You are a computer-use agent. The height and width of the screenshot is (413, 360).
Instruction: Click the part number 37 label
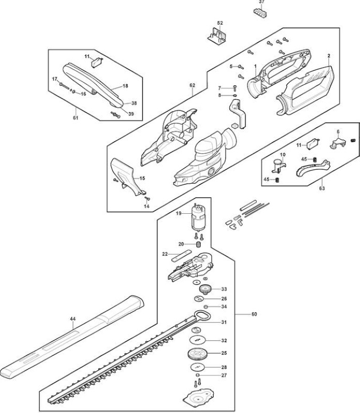(261, 2)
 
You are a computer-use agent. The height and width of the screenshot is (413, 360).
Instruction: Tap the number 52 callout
(220, 23)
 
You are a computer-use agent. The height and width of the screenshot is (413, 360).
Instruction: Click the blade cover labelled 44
(72, 337)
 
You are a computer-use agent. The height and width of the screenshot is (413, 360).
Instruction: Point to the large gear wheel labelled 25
(197, 354)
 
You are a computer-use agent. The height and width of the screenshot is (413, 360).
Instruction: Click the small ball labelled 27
(197, 375)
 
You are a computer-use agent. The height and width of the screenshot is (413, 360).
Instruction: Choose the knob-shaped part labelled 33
(205, 290)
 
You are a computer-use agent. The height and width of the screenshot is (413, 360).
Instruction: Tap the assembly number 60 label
(254, 314)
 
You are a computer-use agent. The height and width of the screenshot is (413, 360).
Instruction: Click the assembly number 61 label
(75, 118)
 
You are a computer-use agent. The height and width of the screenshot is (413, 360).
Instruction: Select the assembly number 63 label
(322, 188)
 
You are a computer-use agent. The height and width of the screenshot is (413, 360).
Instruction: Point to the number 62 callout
(192, 85)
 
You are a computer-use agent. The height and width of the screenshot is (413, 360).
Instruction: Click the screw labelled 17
(65, 86)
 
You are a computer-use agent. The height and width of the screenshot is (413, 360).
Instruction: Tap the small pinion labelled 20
(198, 244)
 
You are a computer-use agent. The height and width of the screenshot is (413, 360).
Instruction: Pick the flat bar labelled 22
(181, 256)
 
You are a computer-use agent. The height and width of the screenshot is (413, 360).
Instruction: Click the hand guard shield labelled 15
(126, 176)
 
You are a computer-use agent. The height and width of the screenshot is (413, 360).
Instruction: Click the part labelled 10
(278, 166)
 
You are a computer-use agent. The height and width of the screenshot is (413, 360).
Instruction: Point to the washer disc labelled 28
(197, 367)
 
